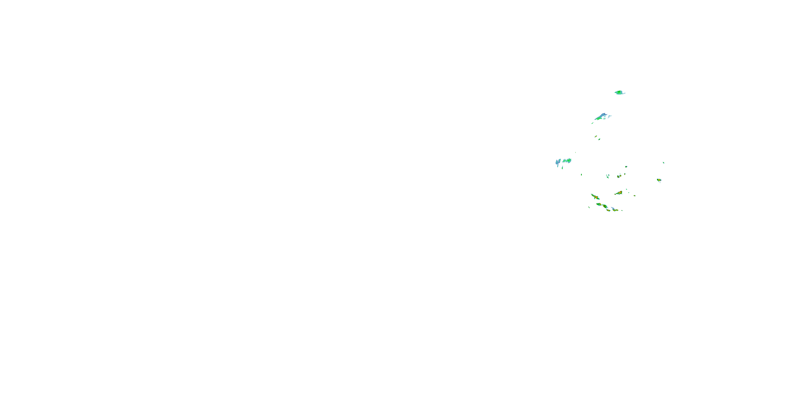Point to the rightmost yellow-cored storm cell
(659, 180)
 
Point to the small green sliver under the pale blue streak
(563, 168)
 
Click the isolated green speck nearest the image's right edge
(663, 163)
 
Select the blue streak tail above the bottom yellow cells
(613, 209)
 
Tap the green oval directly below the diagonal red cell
(599, 204)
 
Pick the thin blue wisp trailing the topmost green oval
(623, 93)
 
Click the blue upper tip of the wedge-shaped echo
(604, 114)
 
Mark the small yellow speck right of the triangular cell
(634, 196)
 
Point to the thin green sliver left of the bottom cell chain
(589, 207)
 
